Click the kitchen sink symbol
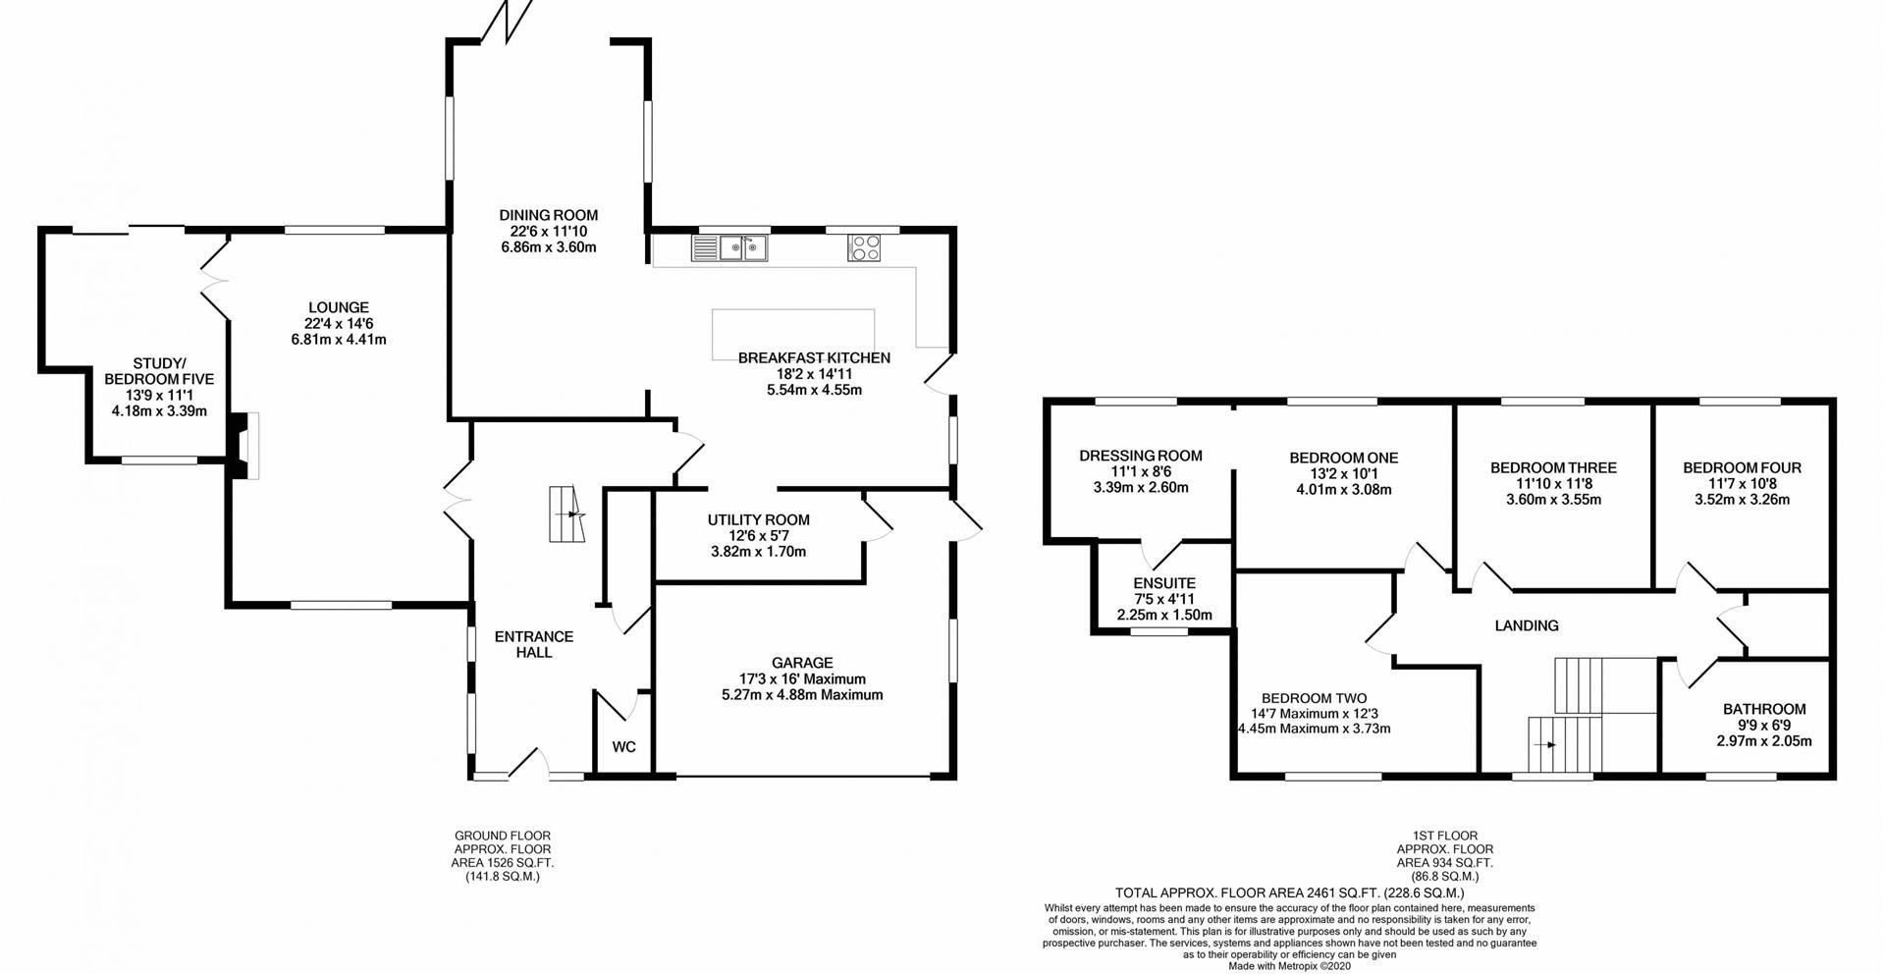click(730, 248)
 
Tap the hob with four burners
click(864, 247)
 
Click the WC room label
click(624, 747)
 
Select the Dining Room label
click(548, 216)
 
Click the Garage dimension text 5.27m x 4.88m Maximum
click(802, 695)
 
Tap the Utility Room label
click(759, 520)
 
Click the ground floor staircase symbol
click(566, 514)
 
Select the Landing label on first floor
click(1527, 625)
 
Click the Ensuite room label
click(1164, 583)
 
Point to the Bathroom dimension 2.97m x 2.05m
click(1764, 741)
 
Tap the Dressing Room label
click(1141, 456)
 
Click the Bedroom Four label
click(1743, 468)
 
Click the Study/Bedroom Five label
click(159, 371)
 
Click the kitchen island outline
click(793, 336)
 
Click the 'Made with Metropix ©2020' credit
click(1291, 966)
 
